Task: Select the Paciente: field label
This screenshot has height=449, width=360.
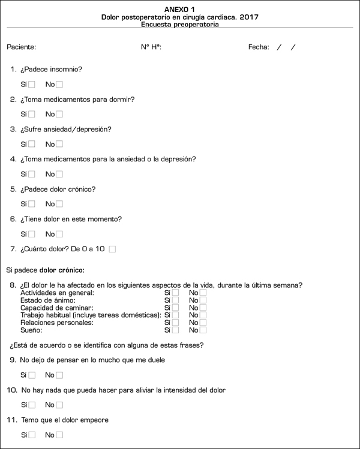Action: pyautogui.click(x=22, y=47)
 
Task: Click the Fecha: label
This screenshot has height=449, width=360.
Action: pyautogui.click(x=259, y=47)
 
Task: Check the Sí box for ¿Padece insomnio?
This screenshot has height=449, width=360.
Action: pyautogui.click(x=32, y=85)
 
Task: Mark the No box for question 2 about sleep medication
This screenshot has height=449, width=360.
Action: pyautogui.click(x=59, y=114)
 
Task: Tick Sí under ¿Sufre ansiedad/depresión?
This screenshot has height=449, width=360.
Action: pyautogui.click(x=32, y=144)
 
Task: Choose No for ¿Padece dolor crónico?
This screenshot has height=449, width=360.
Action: pyautogui.click(x=59, y=204)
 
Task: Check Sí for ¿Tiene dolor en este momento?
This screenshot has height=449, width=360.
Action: pyautogui.click(x=32, y=234)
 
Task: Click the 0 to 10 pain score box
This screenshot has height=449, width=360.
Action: pyautogui.click(x=112, y=249)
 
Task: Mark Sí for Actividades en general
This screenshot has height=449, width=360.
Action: pyautogui.click(x=175, y=293)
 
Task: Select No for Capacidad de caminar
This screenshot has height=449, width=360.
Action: pyautogui.click(x=203, y=308)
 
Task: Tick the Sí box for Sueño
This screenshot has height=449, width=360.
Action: pyautogui.click(x=175, y=330)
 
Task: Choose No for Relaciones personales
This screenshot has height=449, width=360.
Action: pyautogui.click(x=203, y=323)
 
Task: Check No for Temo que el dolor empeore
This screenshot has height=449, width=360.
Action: pyautogui.click(x=59, y=435)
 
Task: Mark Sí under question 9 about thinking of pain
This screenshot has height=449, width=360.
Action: pyautogui.click(x=32, y=375)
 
